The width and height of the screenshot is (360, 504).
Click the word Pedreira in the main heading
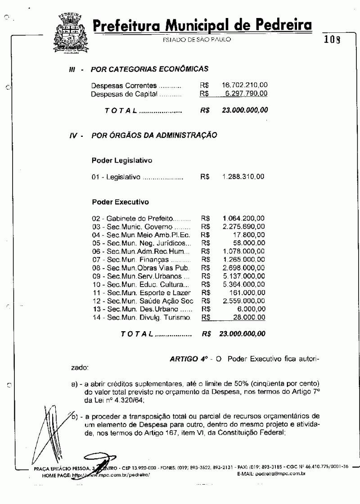click(276, 25)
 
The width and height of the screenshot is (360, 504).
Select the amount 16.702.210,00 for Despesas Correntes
click(245, 85)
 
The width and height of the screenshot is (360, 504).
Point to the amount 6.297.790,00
click(246, 94)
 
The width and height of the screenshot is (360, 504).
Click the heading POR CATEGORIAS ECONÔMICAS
click(149, 69)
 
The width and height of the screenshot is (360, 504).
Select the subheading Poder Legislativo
click(121, 160)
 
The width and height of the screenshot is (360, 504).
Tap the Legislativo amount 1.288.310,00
click(243, 177)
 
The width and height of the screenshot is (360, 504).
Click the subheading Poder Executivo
click(120, 202)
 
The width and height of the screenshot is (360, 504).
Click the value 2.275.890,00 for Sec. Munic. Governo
click(243, 226)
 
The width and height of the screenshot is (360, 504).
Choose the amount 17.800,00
click(250, 234)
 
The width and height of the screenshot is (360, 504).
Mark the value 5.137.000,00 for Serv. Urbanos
click(243, 276)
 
